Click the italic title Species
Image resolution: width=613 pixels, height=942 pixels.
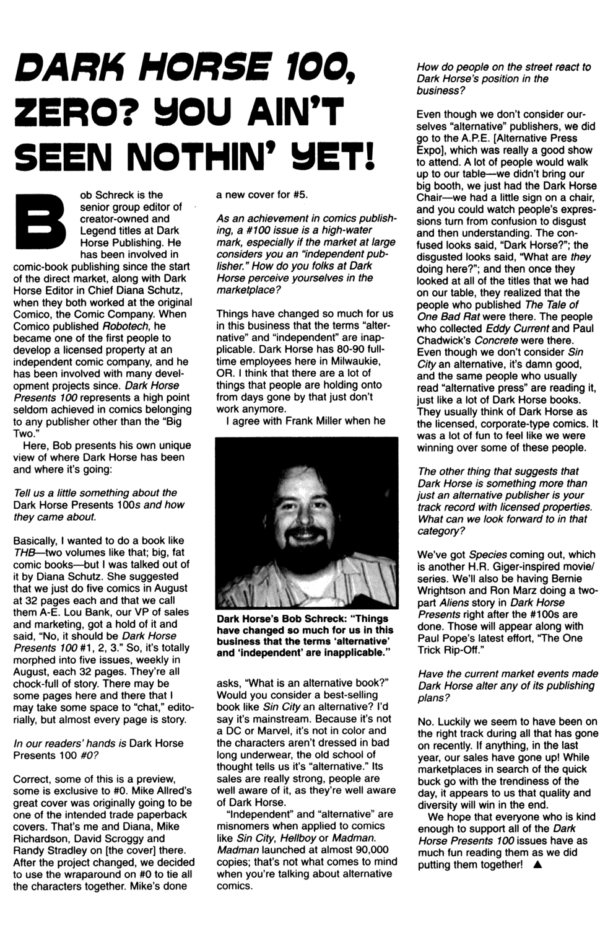[x=488, y=555]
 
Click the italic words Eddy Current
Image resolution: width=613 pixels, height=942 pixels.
[x=518, y=328]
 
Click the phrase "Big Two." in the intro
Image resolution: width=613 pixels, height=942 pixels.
[x=167, y=422]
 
